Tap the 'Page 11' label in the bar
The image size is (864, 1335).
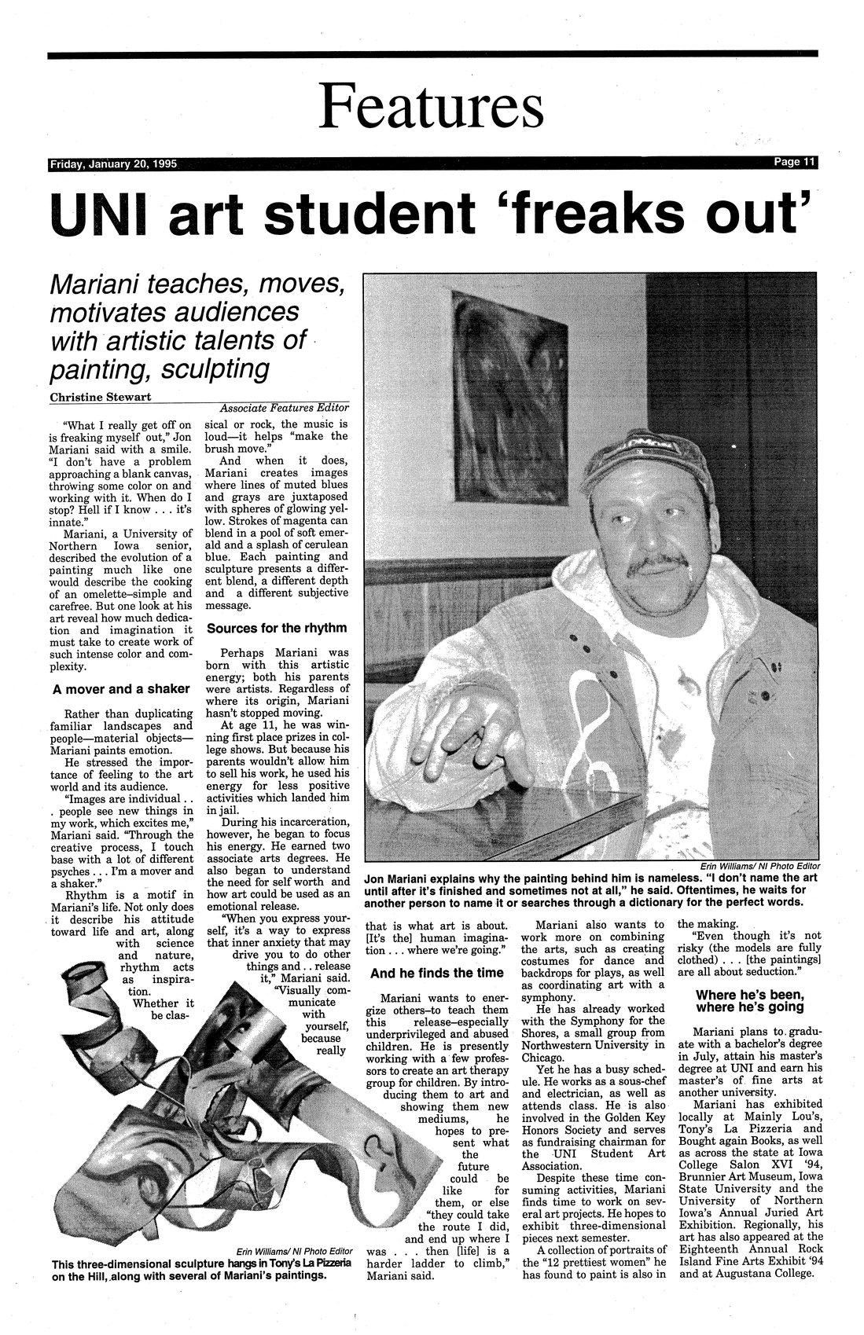click(x=794, y=163)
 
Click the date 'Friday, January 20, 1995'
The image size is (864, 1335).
click(x=113, y=165)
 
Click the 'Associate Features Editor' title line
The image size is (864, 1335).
click(x=285, y=409)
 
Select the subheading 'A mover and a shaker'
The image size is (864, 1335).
click(x=120, y=689)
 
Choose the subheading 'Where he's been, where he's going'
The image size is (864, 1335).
click(x=748, y=999)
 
